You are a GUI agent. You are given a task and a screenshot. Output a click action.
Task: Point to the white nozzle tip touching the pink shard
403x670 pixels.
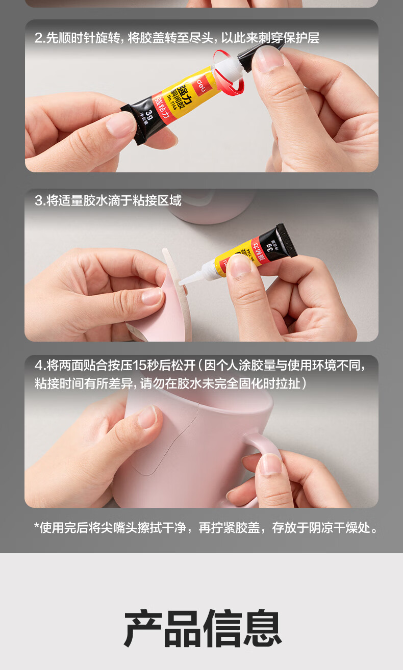(181, 282)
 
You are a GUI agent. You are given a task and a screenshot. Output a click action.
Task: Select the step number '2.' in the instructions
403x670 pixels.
(40, 38)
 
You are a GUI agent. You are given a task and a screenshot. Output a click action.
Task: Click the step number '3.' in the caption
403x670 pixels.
(40, 200)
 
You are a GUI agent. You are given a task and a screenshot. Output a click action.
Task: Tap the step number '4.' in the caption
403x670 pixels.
(40, 366)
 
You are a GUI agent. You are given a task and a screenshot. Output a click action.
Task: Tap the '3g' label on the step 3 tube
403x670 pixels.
(270, 247)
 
